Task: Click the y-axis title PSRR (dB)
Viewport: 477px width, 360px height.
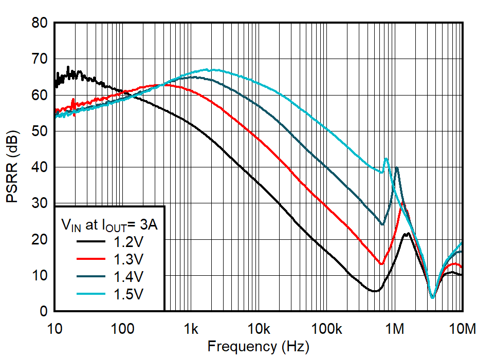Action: pyautogui.click(x=13, y=167)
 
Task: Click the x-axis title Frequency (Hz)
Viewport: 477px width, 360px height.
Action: pyautogui.click(x=258, y=347)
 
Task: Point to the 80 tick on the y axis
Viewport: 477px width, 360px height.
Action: pyautogui.click(x=40, y=23)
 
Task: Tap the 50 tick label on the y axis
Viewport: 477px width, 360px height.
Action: pyautogui.click(x=40, y=131)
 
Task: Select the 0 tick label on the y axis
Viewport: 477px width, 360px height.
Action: pyautogui.click(x=44, y=312)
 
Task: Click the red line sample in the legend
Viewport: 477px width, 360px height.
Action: pyautogui.click(x=91, y=259)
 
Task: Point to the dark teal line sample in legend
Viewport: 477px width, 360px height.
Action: pyautogui.click(x=91, y=277)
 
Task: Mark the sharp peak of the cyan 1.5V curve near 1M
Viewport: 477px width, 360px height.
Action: pyautogui.click(x=386, y=159)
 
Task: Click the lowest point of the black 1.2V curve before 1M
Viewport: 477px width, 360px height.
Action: pyautogui.click(x=375, y=291)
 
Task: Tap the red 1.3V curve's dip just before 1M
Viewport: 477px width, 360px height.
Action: pyautogui.click(x=381, y=264)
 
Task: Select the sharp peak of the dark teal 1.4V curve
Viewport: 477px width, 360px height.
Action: pyautogui.click(x=396, y=167)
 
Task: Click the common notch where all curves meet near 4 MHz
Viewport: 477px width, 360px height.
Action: pyautogui.click(x=432, y=297)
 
